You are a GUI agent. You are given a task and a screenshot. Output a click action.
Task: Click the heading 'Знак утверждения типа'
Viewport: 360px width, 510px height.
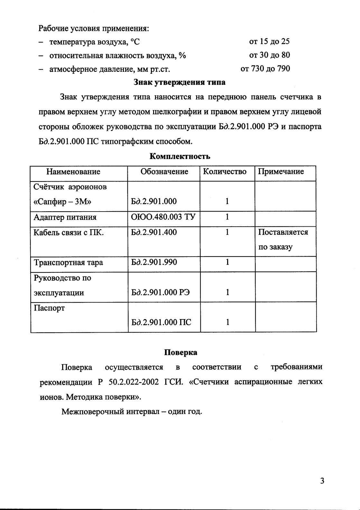tap(180, 82)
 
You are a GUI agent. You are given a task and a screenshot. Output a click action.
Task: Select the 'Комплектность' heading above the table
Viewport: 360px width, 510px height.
tap(180, 156)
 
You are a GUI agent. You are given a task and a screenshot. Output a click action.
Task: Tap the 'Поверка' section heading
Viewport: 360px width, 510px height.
tap(180, 352)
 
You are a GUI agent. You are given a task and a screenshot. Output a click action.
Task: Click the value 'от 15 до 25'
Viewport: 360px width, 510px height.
tap(269, 42)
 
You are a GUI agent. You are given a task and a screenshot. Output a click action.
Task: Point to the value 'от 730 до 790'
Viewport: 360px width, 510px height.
tap(265, 69)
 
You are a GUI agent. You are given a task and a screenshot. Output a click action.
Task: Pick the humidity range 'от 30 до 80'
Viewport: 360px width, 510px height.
tap(269, 55)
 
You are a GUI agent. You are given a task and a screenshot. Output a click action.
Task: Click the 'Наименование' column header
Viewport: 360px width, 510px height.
tap(73, 172)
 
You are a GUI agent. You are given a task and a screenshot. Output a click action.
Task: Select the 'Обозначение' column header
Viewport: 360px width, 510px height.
tap(164, 172)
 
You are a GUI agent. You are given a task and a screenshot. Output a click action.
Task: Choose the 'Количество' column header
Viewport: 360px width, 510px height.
tap(225, 172)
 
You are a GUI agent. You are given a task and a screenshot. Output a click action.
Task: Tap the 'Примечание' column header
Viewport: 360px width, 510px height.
tap(281, 172)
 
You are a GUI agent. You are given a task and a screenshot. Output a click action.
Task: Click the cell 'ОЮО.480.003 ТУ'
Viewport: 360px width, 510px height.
tap(163, 217)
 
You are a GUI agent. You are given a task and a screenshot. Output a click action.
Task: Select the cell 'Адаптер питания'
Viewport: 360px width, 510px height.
tap(65, 217)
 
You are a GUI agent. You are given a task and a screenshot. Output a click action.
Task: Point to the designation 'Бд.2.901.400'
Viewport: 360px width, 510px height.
tap(154, 232)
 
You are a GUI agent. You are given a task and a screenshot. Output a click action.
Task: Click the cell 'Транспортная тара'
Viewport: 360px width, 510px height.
tap(69, 262)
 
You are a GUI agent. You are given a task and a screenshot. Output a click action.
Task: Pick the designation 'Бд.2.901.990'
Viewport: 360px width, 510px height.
tap(154, 262)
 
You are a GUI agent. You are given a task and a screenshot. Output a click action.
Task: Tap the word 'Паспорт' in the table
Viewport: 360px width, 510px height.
tap(49, 308)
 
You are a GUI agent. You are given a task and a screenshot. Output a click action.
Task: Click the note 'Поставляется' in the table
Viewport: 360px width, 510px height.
tap(283, 232)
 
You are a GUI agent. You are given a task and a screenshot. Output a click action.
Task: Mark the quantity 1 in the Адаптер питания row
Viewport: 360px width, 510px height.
tap(227, 217)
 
